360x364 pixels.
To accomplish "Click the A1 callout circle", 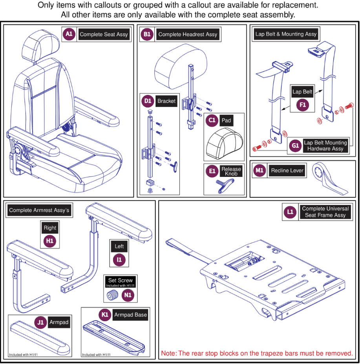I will [69, 34].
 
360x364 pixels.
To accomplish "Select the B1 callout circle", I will [147, 34].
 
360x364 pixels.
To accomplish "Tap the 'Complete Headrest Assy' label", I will [188, 35].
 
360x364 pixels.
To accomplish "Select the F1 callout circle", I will [302, 105].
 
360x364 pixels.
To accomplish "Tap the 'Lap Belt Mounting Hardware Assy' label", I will [325, 146].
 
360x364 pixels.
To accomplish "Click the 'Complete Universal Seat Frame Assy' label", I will [325, 212].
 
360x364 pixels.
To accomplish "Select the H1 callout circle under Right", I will [50, 241].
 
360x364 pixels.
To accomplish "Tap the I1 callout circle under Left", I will [119, 259].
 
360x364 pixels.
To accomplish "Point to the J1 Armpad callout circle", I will [40, 322].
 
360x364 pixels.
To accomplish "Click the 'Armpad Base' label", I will [130, 315].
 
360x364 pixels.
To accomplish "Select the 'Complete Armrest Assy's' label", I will [39, 210].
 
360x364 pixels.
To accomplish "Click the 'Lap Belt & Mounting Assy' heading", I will [286, 34].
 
